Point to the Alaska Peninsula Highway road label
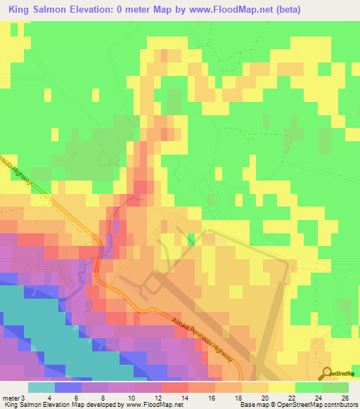click(204, 341)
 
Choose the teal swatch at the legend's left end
click(41, 387)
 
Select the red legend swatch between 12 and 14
click(175, 387)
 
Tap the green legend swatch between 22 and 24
click(309, 387)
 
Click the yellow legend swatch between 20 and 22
click(282, 387)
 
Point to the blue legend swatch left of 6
click(68, 387)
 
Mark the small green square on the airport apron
click(191, 239)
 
